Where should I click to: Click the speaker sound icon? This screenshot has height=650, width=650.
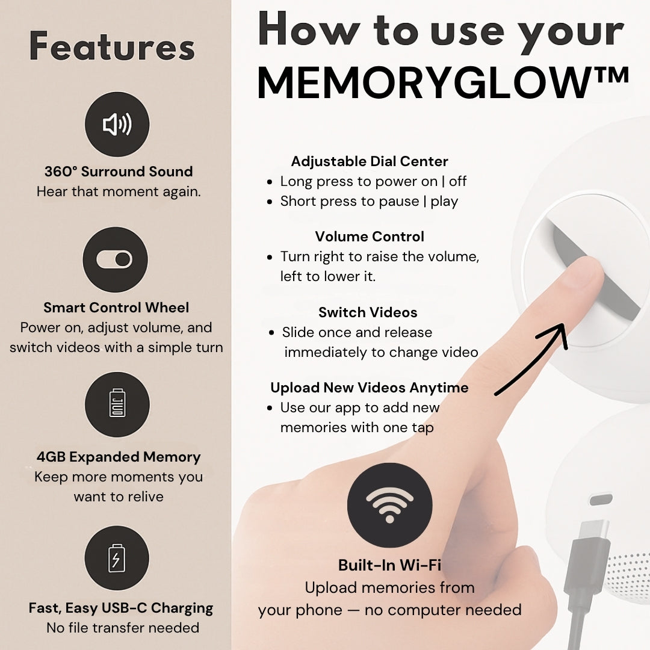coord(117,124)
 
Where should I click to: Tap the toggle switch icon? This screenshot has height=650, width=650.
coord(115,259)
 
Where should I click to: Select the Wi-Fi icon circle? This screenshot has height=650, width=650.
coord(389,505)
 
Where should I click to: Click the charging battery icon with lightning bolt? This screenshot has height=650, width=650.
coord(117,558)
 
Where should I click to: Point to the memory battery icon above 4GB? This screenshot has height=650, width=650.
coord(117,404)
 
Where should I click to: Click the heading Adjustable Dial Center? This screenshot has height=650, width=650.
coord(370,161)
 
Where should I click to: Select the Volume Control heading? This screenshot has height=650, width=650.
coord(370,237)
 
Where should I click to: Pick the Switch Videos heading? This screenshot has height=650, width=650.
coord(368,312)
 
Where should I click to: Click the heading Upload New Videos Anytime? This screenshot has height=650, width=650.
coord(370,388)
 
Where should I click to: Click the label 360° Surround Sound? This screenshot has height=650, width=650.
coord(119,171)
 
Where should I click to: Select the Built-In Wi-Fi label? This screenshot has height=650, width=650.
coord(389,565)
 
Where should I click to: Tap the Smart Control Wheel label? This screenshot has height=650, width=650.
coord(116,307)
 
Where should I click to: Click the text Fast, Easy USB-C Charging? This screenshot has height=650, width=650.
coord(120,608)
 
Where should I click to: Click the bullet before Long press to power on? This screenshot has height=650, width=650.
coord(270,182)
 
